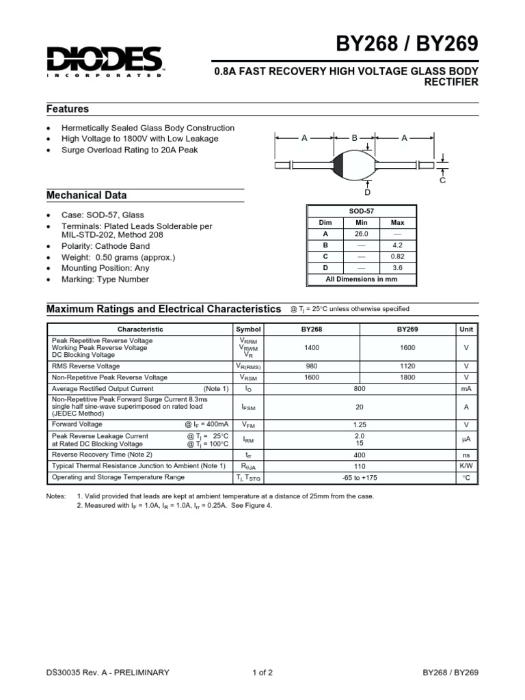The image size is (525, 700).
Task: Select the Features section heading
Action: coord(68,109)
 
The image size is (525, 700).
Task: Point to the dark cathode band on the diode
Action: coord(338,165)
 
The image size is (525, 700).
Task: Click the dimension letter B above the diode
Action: coord(355,138)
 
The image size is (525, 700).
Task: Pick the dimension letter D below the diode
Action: coord(366,193)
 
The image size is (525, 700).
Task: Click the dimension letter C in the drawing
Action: coord(442,180)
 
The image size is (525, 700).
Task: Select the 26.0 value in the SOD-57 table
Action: coord(362,234)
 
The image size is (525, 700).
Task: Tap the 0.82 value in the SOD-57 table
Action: coord(397,256)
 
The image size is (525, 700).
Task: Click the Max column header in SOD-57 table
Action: coord(397,223)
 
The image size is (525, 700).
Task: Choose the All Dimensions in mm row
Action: coord(361,279)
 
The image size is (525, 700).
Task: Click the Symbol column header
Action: coord(248,329)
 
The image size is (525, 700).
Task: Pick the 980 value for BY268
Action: coord(312,366)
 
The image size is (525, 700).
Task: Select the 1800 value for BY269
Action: coord(407,377)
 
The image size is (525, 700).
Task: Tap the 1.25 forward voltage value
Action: coord(360,425)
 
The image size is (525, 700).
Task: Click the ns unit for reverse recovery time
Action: coord(466,454)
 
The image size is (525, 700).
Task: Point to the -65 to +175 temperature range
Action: coord(360,477)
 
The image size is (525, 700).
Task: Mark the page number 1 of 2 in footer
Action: coord(262,673)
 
